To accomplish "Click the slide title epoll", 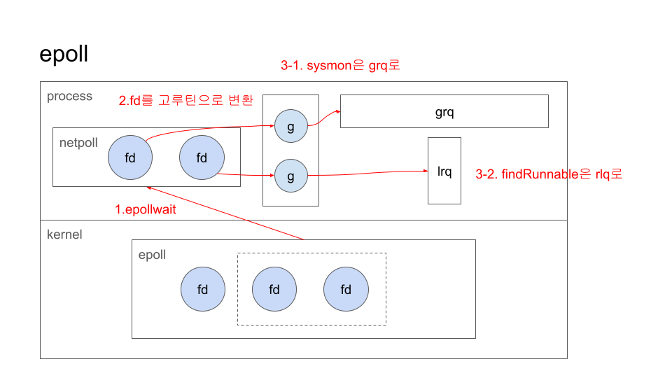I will (64, 55).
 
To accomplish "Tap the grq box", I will (444, 111).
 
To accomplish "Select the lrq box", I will (444, 171).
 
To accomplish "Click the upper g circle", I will (290, 126).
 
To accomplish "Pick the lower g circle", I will (290, 176).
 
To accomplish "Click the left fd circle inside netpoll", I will (130, 157).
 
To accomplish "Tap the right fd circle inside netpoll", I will (202, 157).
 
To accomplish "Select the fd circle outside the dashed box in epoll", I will (203, 289).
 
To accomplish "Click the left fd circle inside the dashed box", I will (274, 289).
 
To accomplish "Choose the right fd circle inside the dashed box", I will (346, 289).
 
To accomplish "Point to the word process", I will (69, 97).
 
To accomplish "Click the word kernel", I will (64, 234).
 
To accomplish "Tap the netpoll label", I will (79, 143).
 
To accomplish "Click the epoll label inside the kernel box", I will (152, 255).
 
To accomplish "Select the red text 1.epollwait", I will (146, 209).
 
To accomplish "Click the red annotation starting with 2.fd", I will (185, 100).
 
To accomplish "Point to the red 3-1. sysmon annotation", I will (339, 66).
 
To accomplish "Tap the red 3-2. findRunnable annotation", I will (549, 174).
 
